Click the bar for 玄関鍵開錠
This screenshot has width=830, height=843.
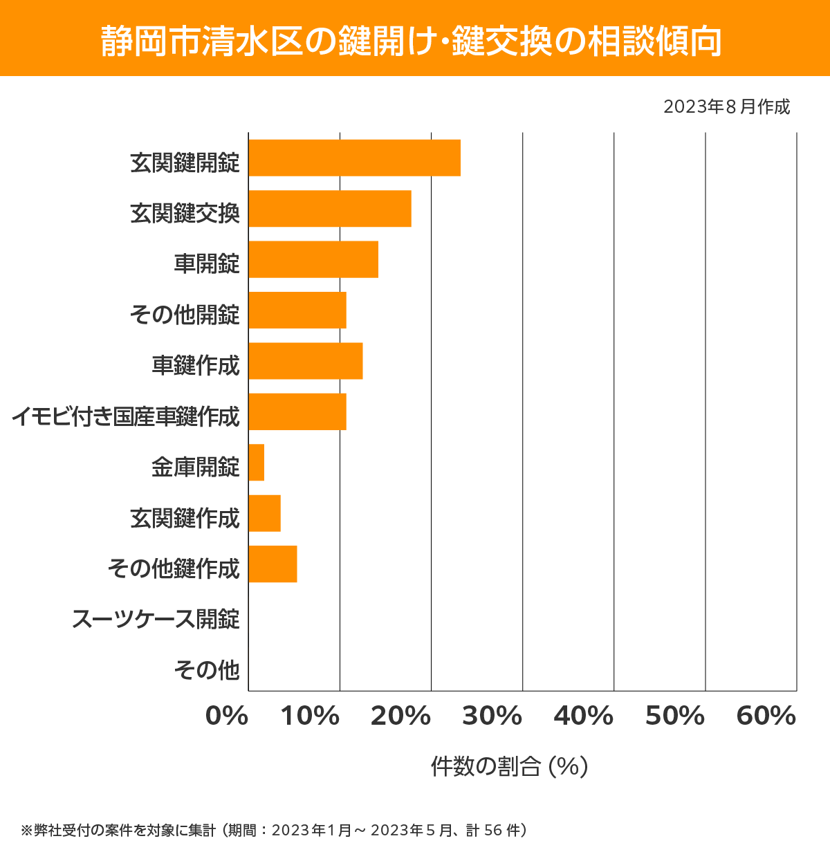(354, 158)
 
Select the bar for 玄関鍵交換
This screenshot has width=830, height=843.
(330, 208)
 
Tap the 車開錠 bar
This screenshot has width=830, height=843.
(313, 259)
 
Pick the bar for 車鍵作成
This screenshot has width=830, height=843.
(306, 360)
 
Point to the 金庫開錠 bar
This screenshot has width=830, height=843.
(257, 462)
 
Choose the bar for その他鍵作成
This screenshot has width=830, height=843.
(273, 564)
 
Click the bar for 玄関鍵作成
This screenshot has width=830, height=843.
(265, 513)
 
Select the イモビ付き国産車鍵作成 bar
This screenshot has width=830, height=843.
(297, 411)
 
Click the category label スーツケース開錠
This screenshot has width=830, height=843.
(156, 618)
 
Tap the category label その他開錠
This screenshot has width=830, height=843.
(185, 315)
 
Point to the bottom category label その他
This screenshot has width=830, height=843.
(207, 669)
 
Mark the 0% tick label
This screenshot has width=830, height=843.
(227, 716)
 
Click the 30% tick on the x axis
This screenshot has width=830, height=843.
(492, 716)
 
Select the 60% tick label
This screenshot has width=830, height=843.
(766, 716)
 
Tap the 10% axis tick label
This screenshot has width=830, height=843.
(310, 716)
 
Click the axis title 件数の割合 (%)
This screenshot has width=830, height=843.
(509, 766)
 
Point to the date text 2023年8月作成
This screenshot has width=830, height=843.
(726, 107)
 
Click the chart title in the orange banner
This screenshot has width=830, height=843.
(412, 41)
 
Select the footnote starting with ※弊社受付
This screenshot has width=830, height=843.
(274, 830)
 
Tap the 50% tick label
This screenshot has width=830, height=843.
(675, 716)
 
